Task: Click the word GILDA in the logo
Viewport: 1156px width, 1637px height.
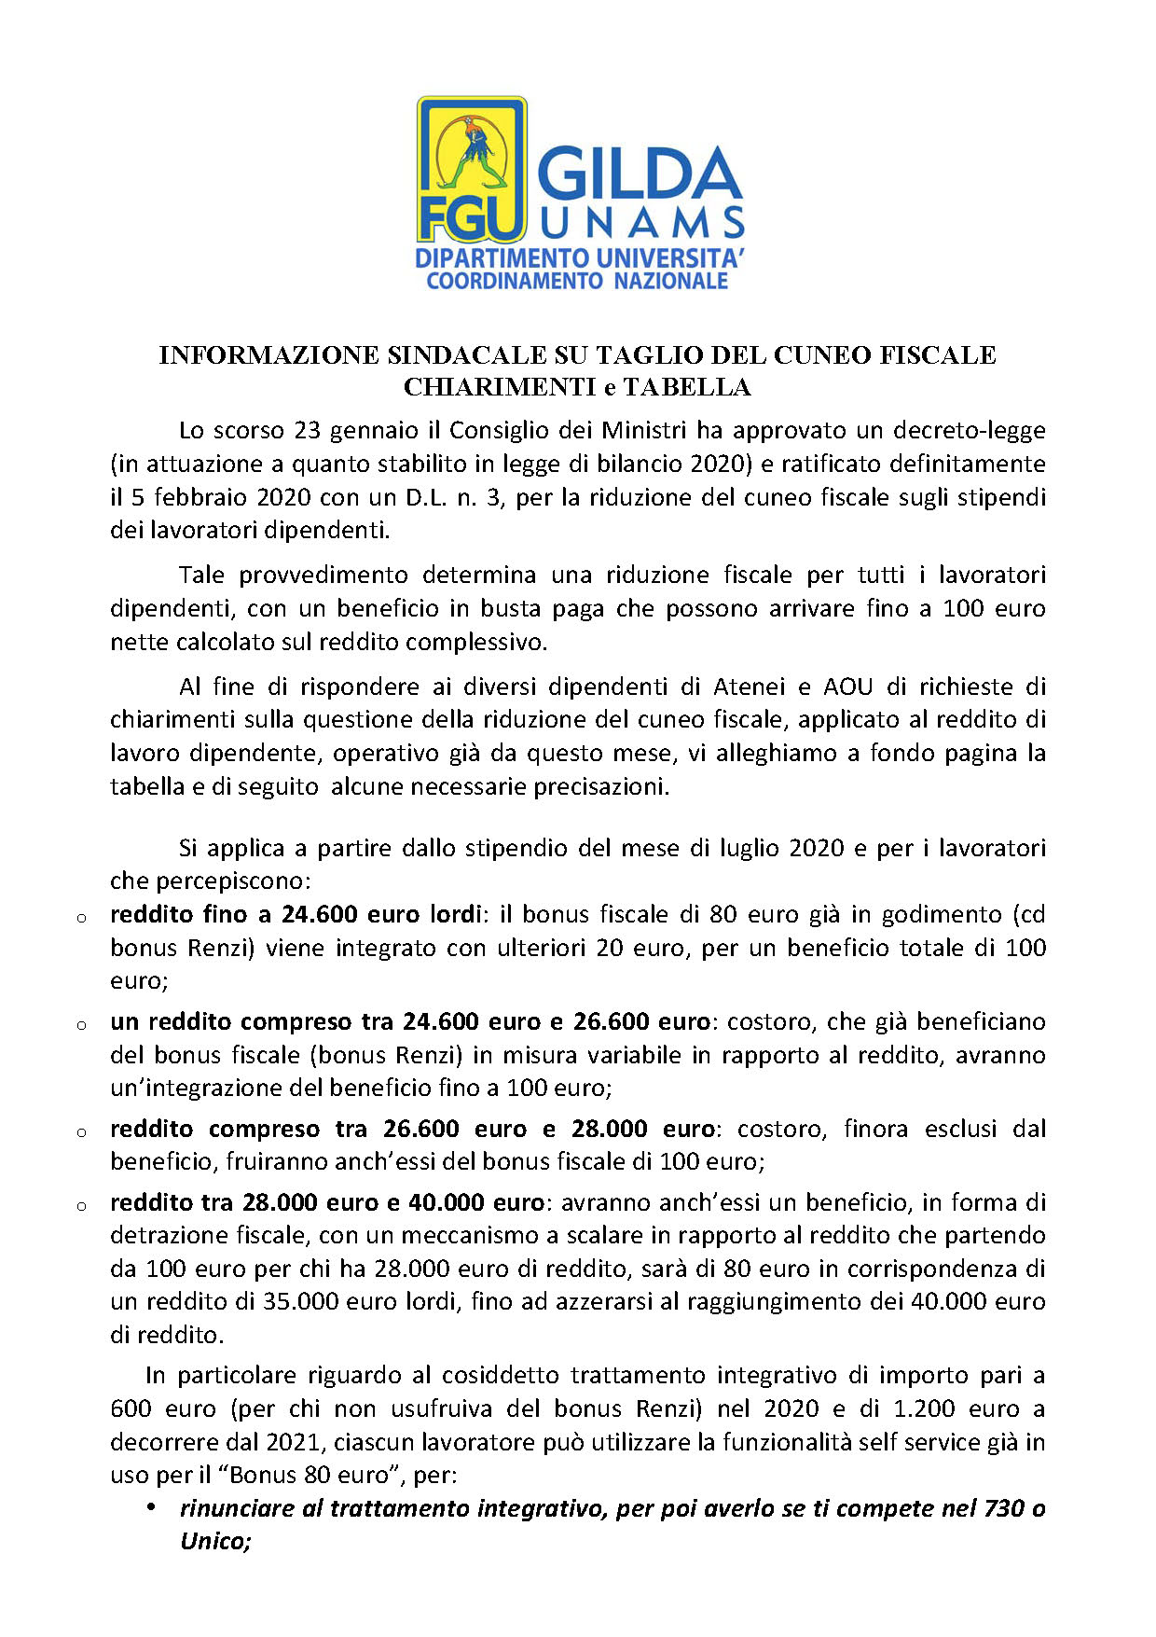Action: [x=640, y=175]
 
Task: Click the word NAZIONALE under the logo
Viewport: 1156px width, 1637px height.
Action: [x=670, y=281]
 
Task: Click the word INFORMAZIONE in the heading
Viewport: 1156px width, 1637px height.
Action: [x=268, y=355]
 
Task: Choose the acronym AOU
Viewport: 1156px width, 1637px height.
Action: [x=847, y=687]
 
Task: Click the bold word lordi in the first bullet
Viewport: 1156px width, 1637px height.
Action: [x=454, y=915]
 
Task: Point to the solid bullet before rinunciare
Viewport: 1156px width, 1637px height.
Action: [x=150, y=1507]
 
